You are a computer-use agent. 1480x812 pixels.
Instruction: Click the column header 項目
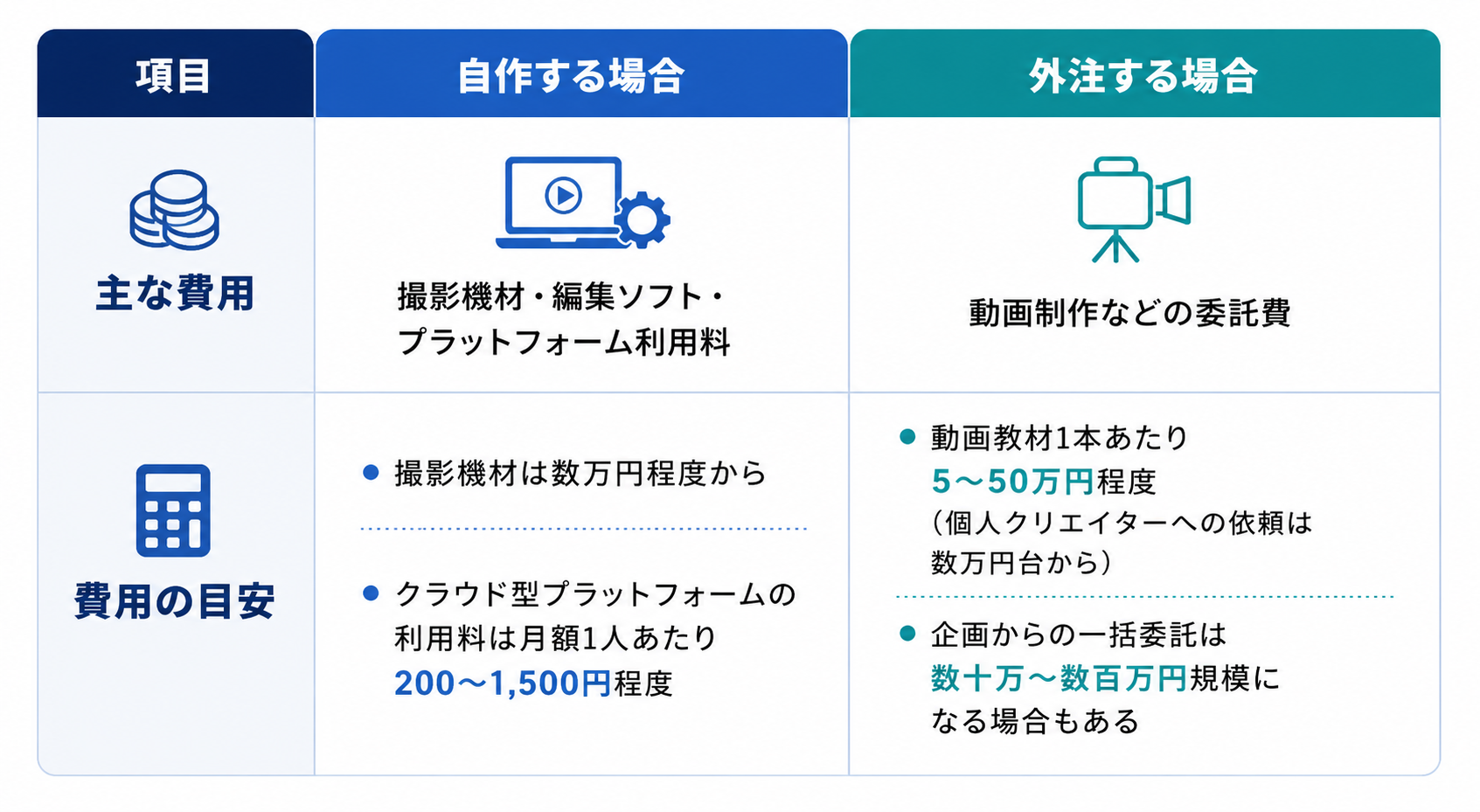click(173, 76)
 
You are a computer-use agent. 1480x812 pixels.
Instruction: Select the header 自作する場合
click(571, 76)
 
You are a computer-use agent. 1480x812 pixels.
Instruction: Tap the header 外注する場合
click(1143, 76)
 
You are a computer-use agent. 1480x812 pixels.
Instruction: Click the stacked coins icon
click(175, 210)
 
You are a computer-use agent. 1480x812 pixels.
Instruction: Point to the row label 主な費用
click(175, 294)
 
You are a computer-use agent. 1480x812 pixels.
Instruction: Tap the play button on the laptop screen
click(563, 195)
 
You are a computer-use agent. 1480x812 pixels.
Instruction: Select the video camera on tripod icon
click(1134, 210)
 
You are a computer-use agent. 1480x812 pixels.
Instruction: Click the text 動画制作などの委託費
click(1129, 313)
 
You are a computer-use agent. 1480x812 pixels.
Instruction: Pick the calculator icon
click(173, 510)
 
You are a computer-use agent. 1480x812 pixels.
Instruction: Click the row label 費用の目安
click(175, 601)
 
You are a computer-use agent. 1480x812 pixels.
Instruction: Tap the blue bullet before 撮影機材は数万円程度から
click(371, 472)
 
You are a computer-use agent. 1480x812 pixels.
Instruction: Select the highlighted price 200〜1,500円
click(502, 684)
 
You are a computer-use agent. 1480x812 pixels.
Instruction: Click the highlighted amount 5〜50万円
click(1012, 481)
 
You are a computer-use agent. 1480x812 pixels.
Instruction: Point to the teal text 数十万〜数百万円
click(1060, 678)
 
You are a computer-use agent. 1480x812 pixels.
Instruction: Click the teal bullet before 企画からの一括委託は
click(907, 634)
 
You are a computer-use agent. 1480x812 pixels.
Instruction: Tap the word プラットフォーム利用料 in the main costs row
click(564, 343)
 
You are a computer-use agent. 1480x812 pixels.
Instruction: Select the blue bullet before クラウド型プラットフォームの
click(371, 593)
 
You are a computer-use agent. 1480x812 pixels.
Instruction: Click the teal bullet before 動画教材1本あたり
click(907, 436)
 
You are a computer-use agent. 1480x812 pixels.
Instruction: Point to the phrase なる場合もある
click(1035, 721)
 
